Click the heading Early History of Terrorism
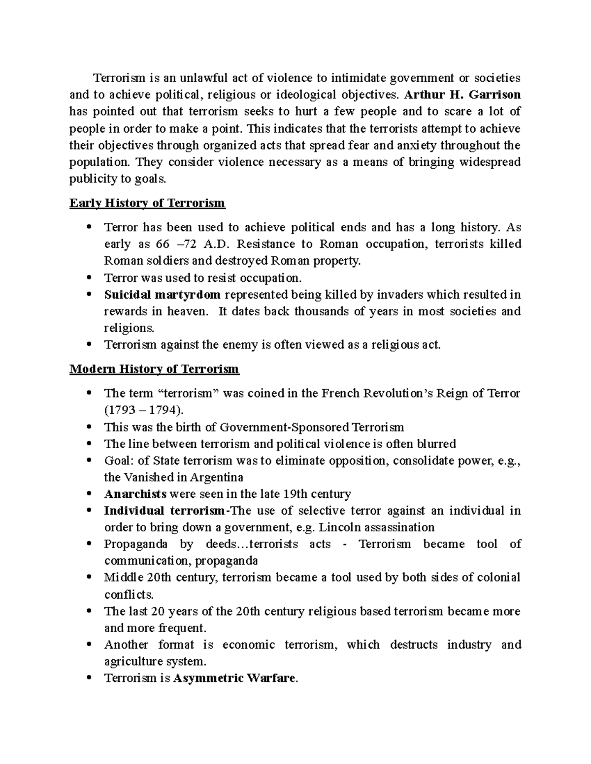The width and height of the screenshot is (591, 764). click(147, 203)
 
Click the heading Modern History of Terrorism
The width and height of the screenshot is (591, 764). click(154, 369)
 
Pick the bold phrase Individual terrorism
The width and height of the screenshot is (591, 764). click(164, 511)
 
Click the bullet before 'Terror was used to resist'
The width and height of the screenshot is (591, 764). click(89, 277)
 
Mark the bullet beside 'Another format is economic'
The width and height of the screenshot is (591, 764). click(89, 644)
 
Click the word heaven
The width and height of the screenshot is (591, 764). click(184, 311)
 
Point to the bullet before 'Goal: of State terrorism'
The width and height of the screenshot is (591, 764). click(89, 461)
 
